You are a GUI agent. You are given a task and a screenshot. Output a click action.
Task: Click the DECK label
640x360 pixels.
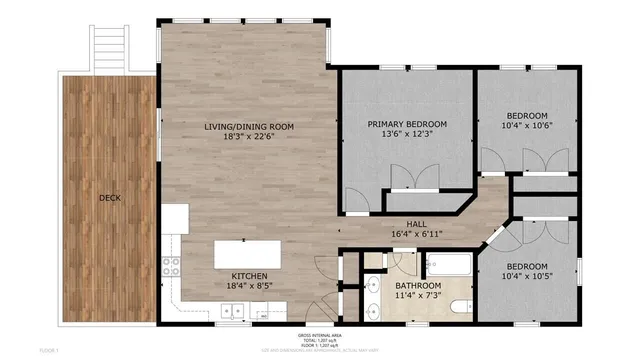coord(110,198)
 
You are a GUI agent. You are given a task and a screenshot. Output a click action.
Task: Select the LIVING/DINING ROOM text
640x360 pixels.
coord(249,126)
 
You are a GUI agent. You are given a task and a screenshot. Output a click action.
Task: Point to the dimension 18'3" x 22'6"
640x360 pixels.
coord(249,138)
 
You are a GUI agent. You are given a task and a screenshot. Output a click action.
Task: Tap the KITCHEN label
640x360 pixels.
coord(249,275)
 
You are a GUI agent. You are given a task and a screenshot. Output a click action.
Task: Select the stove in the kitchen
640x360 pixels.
coord(171,267)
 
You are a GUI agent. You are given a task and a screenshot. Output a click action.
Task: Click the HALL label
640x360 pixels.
coord(418,224)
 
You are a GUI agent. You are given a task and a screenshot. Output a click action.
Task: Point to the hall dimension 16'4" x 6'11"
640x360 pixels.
coord(418,235)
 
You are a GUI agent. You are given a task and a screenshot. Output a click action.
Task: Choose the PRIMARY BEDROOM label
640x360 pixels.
coord(406,124)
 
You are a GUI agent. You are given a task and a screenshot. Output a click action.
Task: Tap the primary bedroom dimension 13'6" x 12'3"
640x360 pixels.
coord(406,137)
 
